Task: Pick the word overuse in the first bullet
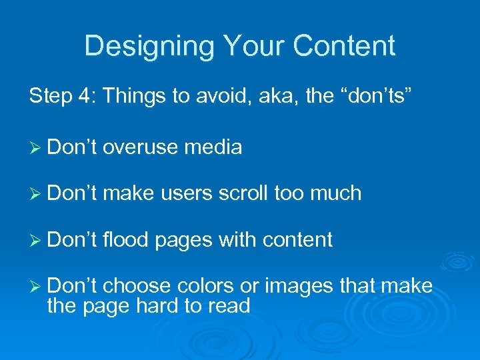(140, 147)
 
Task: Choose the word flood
(126, 239)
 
